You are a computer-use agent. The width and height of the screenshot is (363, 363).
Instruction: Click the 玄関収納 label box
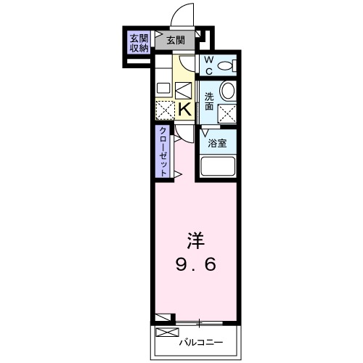click(x=139, y=43)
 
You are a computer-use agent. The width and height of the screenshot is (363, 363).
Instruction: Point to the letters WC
click(x=208, y=65)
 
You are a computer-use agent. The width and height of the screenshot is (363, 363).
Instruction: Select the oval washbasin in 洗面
click(x=228, y=91)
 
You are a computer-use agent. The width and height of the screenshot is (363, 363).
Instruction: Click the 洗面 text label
click(x=209, y=102)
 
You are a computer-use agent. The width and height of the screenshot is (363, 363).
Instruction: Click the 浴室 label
click(x=217, y=143)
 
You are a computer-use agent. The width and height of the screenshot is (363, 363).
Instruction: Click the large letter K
click(x=184, y=110)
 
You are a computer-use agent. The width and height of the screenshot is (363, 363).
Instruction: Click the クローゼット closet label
click(x=163, y=150)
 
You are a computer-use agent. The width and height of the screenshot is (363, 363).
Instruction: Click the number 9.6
click(x=195, y=265)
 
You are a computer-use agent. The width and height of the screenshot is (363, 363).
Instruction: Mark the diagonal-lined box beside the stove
click(x=184, y=90)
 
